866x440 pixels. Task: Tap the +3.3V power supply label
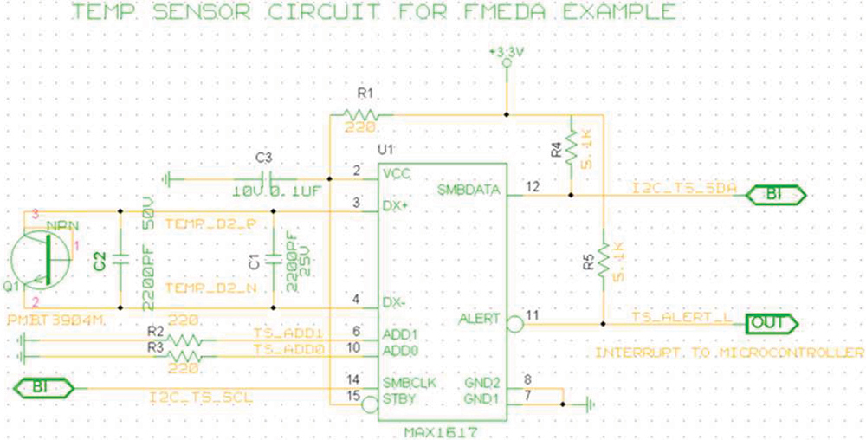point(507,53)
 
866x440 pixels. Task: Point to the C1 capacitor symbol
point(273,258)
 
